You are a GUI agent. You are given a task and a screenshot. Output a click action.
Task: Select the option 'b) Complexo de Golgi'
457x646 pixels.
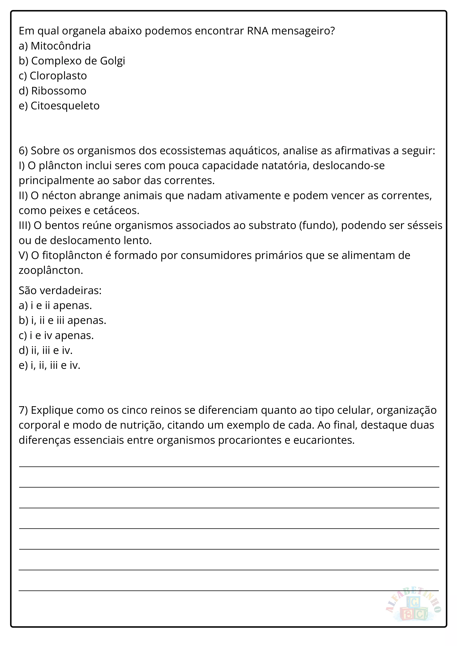72,61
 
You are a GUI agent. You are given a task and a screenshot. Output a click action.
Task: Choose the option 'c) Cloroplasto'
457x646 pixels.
53,76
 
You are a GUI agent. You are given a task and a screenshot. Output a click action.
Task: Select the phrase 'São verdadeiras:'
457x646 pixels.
60,290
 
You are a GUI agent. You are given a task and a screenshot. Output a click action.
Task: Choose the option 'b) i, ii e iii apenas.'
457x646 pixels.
62,320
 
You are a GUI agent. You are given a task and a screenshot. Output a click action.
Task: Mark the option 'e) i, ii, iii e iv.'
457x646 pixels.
50,365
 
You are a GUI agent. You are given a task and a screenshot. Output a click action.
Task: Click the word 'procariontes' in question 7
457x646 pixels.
250,440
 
